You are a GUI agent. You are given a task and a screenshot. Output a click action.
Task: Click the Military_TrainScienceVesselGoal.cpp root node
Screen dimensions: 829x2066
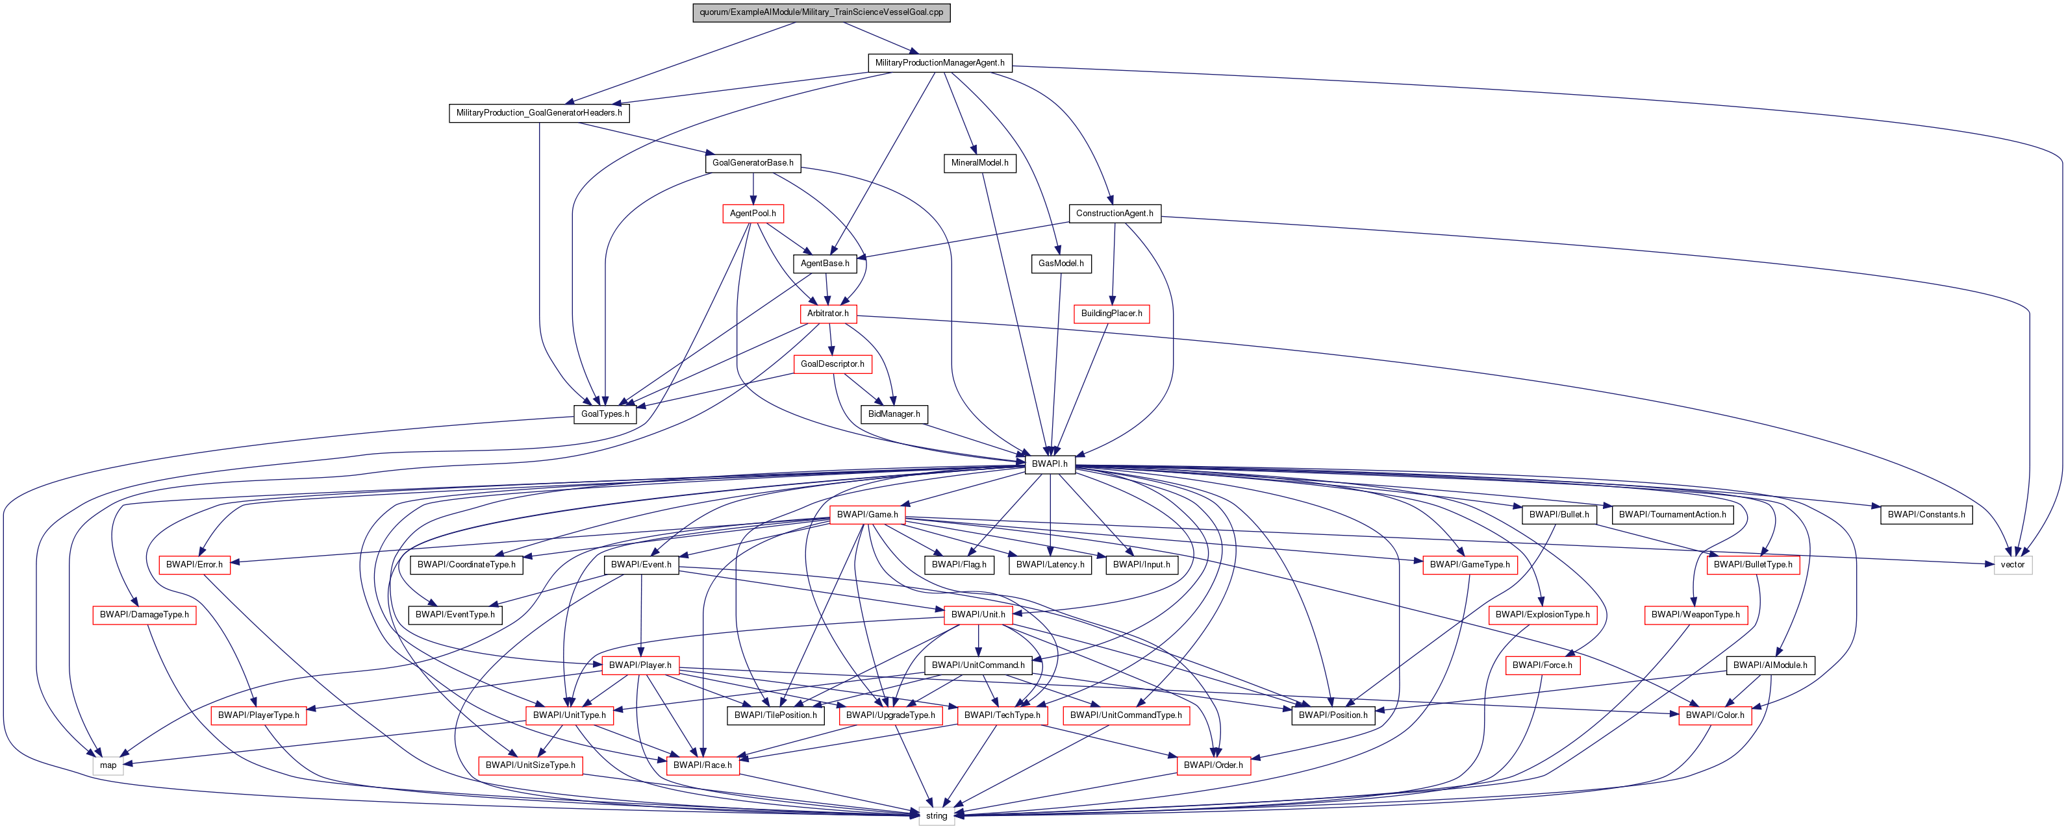(821, 12)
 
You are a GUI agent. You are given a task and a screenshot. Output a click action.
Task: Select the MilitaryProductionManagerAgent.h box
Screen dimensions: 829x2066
(939, 62)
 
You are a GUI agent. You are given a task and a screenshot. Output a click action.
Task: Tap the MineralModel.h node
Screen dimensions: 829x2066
(979, 163)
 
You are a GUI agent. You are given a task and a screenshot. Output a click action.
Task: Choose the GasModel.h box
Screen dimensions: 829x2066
(1060, 263)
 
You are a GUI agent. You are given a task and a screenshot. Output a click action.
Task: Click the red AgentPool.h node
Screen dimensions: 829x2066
(752, 214)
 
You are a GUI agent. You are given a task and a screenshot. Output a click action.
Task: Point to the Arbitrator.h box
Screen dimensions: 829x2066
(827, 314)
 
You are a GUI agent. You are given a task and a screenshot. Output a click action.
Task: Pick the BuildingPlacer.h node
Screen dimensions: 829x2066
(1111, 314)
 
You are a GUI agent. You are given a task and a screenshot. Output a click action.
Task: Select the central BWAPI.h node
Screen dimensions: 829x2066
(1049, 464)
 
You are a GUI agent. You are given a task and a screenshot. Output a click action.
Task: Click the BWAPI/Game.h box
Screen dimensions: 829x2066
(867, 515)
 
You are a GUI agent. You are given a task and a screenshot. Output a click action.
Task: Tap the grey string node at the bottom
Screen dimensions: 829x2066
(936, 815)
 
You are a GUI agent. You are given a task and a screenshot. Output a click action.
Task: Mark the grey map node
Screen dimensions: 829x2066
(108, 765)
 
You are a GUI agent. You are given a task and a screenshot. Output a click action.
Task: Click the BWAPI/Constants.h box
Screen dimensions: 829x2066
(1926, 515)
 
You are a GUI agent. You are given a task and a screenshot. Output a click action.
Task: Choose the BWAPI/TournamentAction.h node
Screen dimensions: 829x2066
(1672, 515)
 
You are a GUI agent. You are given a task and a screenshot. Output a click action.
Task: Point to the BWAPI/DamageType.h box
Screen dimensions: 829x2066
(144, 615)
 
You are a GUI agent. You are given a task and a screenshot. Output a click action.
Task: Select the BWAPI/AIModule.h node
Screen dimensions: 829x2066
(1770, 665)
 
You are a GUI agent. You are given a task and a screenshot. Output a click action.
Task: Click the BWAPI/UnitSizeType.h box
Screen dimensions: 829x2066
(530, 765)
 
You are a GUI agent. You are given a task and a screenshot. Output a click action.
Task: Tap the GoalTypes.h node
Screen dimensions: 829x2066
(605, 414)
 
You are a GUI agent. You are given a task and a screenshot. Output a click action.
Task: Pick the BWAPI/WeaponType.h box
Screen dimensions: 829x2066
(1694, 615)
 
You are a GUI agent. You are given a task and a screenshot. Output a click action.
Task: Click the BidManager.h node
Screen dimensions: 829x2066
(894, 414)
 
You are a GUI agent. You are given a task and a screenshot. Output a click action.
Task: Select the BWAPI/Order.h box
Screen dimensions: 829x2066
(1213, 765)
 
